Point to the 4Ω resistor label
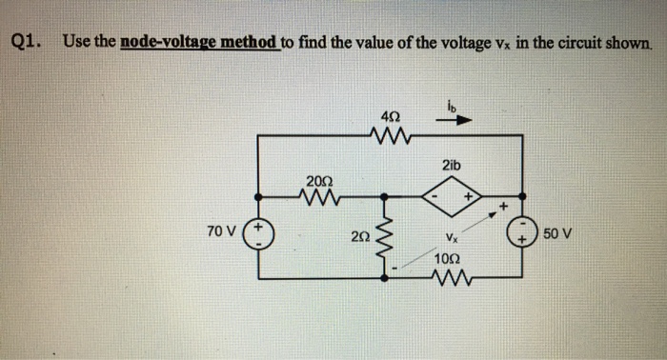[392, 116]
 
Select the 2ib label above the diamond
[451, 167]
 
